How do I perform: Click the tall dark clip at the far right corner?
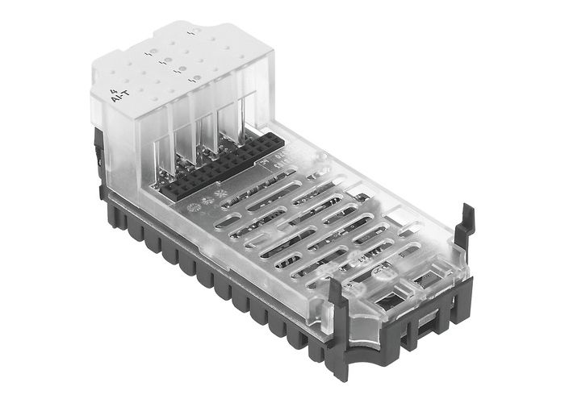click(x=463, y=233)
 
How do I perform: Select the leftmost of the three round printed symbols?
click(x=192, y=206)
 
